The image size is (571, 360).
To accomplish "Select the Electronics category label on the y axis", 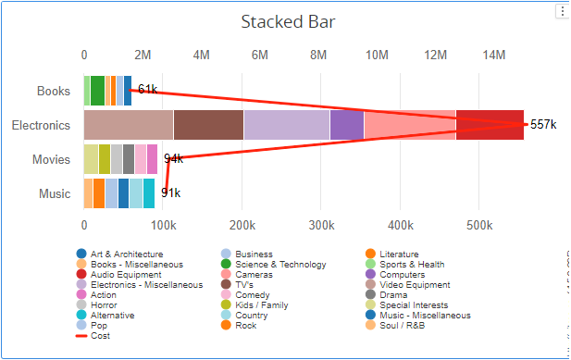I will pyautogui.click(x=41, y=125).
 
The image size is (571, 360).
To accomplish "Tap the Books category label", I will pyautogui.click(x=53, y=91).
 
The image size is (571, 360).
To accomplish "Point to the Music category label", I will pyautogui.click(x=54, y=193).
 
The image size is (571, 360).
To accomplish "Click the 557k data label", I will pyautogui.click(x=542, y=125).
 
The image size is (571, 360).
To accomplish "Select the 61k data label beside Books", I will pyautogui.click(x=147, y=89).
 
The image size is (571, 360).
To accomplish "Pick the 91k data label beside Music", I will pyautogui.click(x=170, y=192).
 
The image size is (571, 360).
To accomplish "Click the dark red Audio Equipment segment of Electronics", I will pyautogui.click(x=490, y=125).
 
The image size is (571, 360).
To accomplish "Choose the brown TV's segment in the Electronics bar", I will pyautogui.click(x=208, y=125).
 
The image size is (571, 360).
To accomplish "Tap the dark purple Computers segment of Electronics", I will pyautogui.click(x=346, y=125).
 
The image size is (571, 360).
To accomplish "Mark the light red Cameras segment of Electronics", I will pyautogui.click(x=409, y=125).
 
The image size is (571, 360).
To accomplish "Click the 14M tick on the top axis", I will pyautogui.click(x=494, y=56).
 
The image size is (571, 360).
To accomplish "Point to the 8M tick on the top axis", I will pyautogui.click(x=318, y=56).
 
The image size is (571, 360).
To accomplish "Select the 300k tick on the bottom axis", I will pyautogui.click(x=321, y=225).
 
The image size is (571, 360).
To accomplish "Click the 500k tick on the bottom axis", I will pyautogui.click(x=479, y=225).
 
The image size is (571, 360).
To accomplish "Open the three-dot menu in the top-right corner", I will pyautogui.click(x=561, y=11).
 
